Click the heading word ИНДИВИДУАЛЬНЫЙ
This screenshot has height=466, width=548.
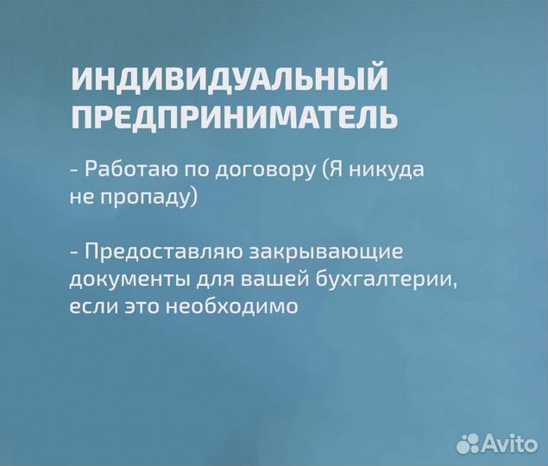pyautogui.click(x=229, y=79)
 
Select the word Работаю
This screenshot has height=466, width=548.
pyautogui.click(x=123, y=170)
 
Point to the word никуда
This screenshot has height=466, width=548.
pyautogui.click(x=387, y=170)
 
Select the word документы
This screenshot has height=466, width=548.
pyautogui.click(x=123, y=280)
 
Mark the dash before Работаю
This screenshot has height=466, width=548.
pyautogui.click(x=74, y=171)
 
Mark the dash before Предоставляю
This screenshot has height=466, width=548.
pyautogui.click(x=74, y=254)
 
